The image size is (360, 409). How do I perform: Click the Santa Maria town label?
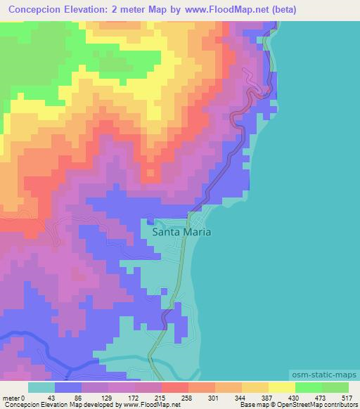(x=181, y=231)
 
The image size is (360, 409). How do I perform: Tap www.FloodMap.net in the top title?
(x=223, y=10)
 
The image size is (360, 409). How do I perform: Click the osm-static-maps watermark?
(x=325, y=376)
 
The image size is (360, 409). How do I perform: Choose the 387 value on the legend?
(x=267, y=398)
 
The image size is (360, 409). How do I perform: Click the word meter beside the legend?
(x=11, y=398)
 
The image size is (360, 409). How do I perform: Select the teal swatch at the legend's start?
(x=41, y=387)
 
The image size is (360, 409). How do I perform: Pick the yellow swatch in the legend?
(x=281, y=387)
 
